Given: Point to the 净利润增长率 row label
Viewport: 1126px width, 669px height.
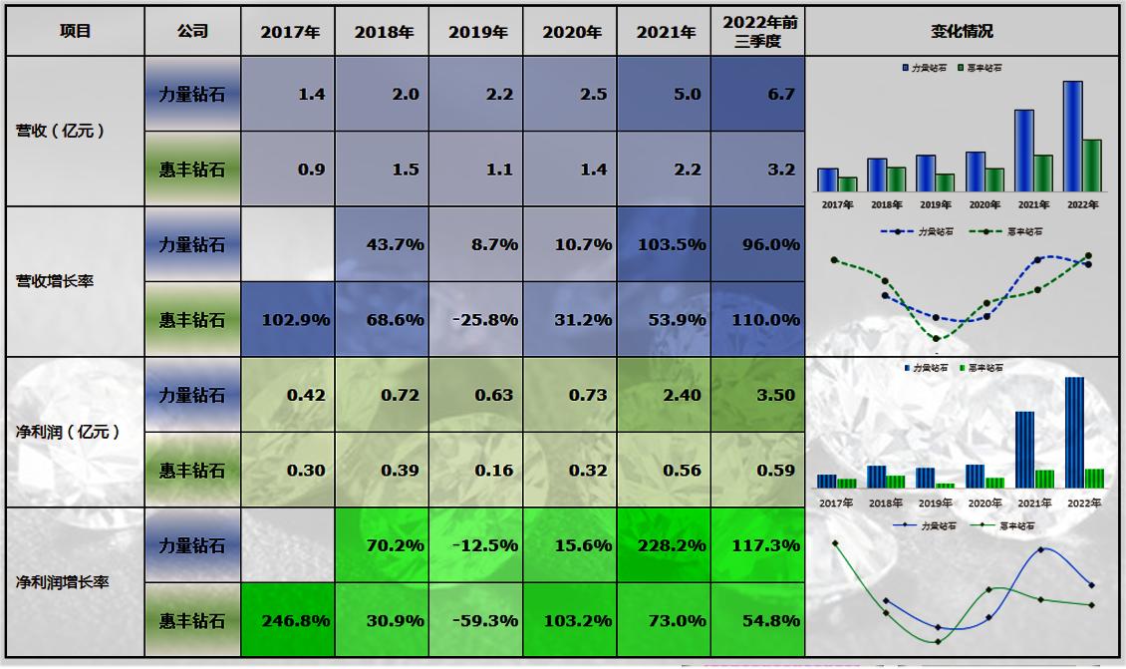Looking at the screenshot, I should pos(62,581).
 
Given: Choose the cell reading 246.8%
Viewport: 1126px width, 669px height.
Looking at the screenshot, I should pos(288,620).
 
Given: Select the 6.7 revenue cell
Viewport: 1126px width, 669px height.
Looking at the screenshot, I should pos(757,94).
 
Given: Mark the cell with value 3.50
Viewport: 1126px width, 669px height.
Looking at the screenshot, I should pos(757,395).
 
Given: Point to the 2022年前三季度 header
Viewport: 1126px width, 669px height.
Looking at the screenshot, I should pos(757,31).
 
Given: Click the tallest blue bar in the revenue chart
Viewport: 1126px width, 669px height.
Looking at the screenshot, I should pos(1072,137).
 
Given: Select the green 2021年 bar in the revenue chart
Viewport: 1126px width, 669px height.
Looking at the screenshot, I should pos(1042,172).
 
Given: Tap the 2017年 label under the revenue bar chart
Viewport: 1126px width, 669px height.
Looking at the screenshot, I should pos(837,205).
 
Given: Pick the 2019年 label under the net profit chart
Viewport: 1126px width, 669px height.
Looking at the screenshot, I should pos(936,503).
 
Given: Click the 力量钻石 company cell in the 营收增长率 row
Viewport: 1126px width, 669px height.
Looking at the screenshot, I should pos(192,244).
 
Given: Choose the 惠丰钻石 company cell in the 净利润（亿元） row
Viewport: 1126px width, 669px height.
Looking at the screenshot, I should pos(192,471).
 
